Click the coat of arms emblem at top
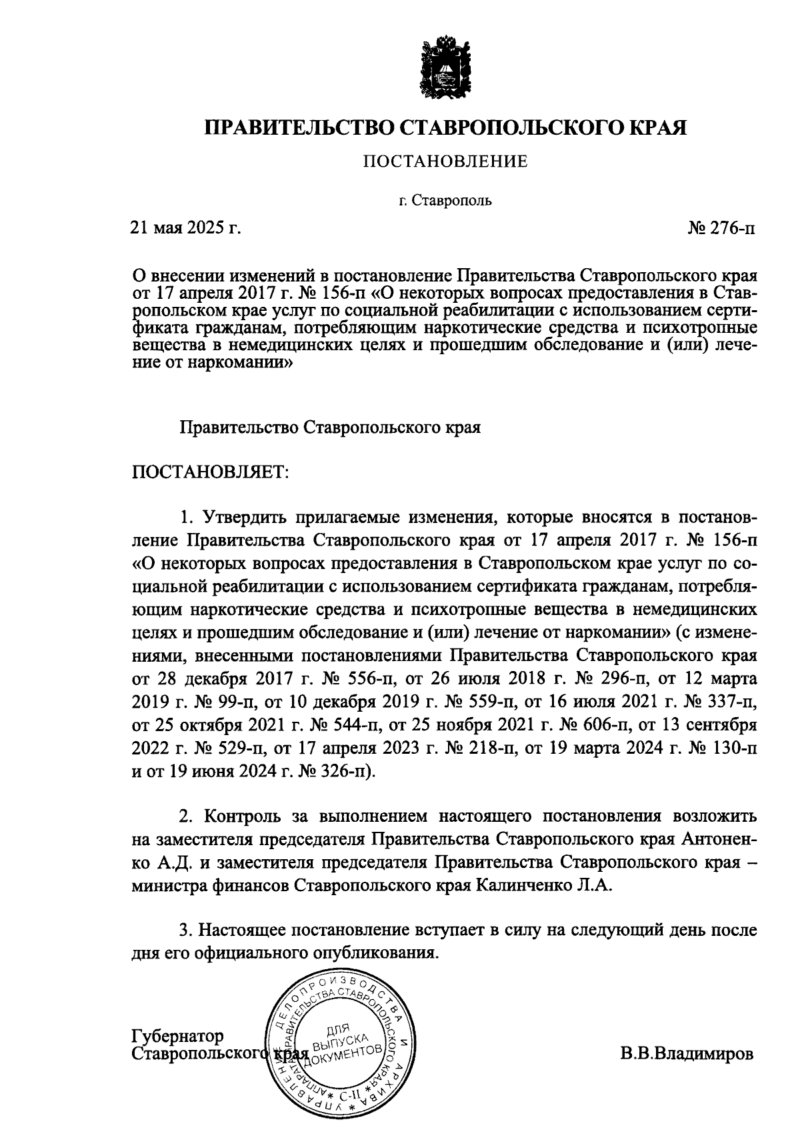click(x=445, y=69)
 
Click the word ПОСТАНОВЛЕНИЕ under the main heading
click(x=445, y=161)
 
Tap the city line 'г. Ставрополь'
click(x=445, y=200)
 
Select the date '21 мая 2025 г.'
click(x=185, y=228)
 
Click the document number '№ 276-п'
click(x=722, y=228)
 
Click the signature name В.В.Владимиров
click(x=687, y=1055)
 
